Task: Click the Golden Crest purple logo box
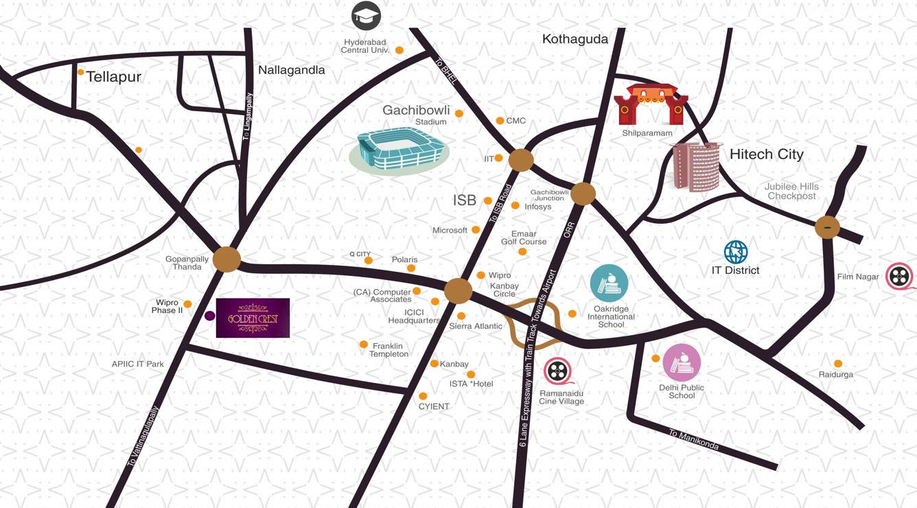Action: pyautogui.click(x=253, y=318)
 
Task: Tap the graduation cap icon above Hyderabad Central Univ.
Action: pyautogui.click(x=366, y=16)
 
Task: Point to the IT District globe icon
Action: pyautogui.click(x=735, y=252)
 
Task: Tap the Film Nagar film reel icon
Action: pyautogui.click(x=898, y=277)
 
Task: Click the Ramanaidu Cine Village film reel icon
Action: pyautogui.click(x=558, y=371)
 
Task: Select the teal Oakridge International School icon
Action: pyautogui.click(x=609, y=283)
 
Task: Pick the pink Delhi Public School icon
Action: pyautogui.click(x=682, y=362)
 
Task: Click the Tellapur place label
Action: pyautogui.click(x=113, y=77)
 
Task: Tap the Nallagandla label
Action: pyautogui.click(x=291, y=70)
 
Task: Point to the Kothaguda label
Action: pyautogui.click(x=575, y=39)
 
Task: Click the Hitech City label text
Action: pyautogui.click(x=766, y=154)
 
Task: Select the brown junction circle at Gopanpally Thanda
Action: pyautogui.click(x=227, y=259)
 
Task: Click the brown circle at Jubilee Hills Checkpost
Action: pyautogui.click(x=827, y=227)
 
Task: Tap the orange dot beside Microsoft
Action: pyautogui.click(x=476, y=230)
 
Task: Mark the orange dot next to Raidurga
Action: pyautogui.click(x=838, y=364)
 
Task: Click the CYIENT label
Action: pyautogui.click(x=434, y=406)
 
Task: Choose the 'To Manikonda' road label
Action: pyautogui.click(x=694, y=439)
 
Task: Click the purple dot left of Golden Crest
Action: pyautogui.click(x=210, y=316)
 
